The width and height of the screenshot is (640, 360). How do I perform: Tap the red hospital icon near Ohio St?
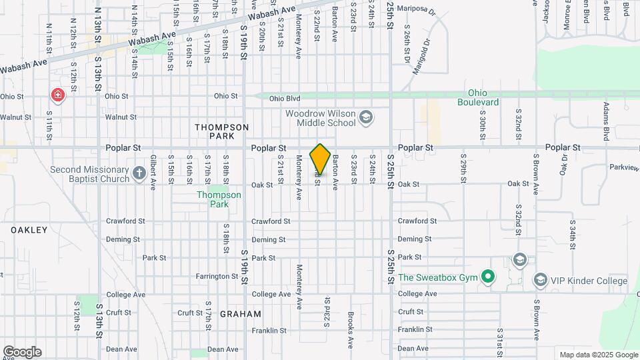(58, 95)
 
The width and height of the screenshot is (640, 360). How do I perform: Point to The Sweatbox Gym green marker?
(488, 276)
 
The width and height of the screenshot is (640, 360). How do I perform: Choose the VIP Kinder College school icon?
(540, 280)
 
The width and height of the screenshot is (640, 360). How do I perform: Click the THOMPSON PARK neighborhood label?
(222, 131)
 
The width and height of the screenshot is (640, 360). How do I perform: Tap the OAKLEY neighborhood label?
(29, 230)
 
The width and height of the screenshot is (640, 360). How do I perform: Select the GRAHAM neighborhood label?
(240, 313)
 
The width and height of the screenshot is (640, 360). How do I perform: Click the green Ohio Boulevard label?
(478, 97)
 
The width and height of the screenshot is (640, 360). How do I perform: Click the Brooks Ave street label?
(350, 331)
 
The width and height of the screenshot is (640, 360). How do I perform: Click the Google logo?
(22, 352)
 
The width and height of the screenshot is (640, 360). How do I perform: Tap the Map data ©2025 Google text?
(599, 355)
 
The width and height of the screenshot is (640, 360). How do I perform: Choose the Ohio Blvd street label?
(285, 99)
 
